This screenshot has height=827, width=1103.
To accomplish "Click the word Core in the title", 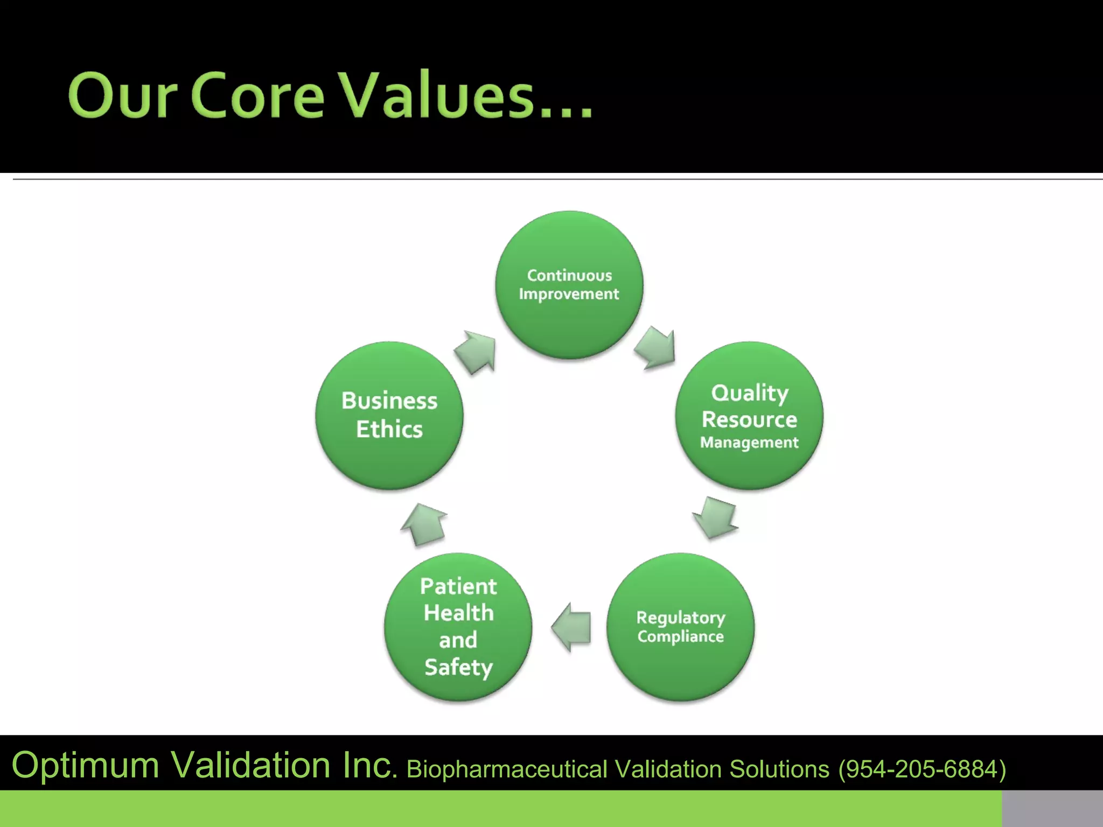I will [x=257, y=95].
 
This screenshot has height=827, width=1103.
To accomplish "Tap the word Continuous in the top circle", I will [x=569, y=275].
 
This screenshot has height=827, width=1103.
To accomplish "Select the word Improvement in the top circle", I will [x=569, y=294].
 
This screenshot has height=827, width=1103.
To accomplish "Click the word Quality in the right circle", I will [x=749, y=393].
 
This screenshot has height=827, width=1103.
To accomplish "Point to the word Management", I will [x=749, y=443].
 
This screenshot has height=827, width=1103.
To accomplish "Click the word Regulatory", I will [x=680, y=618].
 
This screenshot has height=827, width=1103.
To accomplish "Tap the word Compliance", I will [x=680, y=636].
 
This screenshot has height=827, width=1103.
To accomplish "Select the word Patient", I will [x=458, y=586].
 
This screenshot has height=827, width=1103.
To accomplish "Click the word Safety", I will [x=458, y=667].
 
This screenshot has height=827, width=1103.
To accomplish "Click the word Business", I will [x=389, y=401].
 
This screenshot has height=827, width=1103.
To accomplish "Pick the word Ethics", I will [x=389, y=429].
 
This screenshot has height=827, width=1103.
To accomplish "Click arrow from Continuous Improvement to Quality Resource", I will [x=656, y=348].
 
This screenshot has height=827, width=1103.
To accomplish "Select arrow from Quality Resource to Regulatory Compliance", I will [x=716, y=517].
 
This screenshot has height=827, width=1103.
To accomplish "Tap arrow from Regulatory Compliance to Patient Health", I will [x=572, y=627].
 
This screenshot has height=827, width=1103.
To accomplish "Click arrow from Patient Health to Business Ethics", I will [x=424, y=524].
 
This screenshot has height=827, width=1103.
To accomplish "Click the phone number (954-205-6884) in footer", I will [x=922, y=769].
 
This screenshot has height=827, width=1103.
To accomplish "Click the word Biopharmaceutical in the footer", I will [x=506, y=769].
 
